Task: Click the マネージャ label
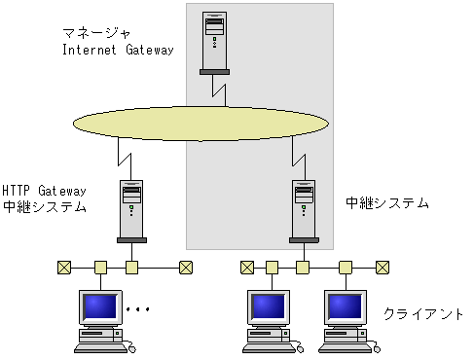pyautogui.click(x=94, y=33)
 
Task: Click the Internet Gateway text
pyautogui.click(x=117, y=50)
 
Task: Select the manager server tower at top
pyautogui.click(x=215, y=41)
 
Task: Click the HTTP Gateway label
pyautogui.click(x=45, y=191)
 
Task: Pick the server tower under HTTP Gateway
pyautogui.click(x=132, y=209)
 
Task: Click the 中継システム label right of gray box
pyautogui.click(x=386, y=203)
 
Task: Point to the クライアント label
pyautogui.click(x=423, y=314)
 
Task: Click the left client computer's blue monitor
pyautogui.click(x=98, y=307)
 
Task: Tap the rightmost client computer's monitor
pyautogui.click(x=345, y=307)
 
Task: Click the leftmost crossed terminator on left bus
pyautogui.click(x=63, y=266)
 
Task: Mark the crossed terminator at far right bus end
pyautogui.click(x=383, y=266)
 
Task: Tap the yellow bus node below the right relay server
pyautogui.click(x=303, y=266)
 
